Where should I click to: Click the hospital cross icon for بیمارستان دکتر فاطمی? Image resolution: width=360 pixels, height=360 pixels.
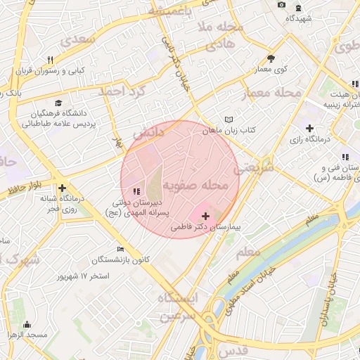[x=205, y=216]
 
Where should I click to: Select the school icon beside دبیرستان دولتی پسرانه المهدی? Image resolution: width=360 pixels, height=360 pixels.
[x=136, y=191]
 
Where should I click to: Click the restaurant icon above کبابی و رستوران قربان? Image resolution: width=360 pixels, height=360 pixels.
[x=50, y=60]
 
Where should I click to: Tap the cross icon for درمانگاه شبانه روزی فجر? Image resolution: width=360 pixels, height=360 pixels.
[x=63, y=188]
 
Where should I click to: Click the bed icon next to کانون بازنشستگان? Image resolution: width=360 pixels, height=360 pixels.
[x=120, y=249]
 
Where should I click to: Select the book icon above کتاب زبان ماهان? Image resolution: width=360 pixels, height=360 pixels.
[x=228, y=120]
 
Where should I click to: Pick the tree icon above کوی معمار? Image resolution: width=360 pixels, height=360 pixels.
[x=271, y=58]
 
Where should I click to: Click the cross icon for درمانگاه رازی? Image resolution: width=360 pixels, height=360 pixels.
[x=309, y=127]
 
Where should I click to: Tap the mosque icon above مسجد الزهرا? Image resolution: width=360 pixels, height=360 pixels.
[x=27, y=324]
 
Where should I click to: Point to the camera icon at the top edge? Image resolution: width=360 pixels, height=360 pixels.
[x=282, y=5]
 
